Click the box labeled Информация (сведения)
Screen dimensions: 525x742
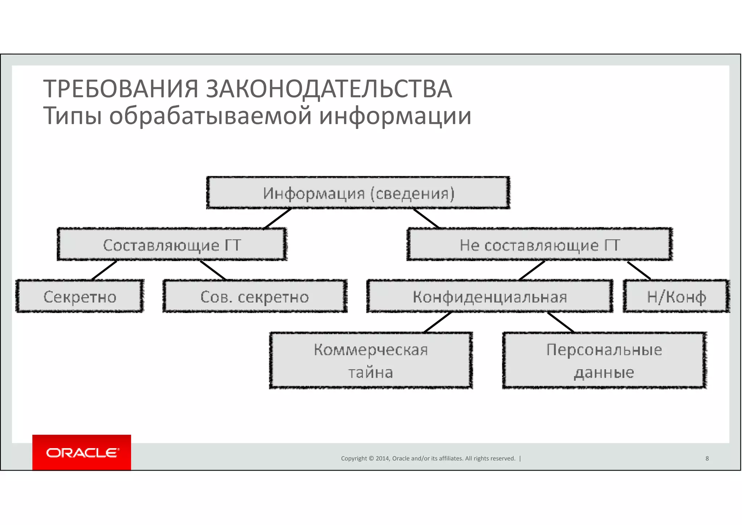pyautogui.click(x=358, y=193)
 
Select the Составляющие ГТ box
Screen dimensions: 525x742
pyautogui.click(x=172, y=245)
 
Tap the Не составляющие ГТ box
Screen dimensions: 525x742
pyautogui.click(x=539, y=245)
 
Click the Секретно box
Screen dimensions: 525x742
pyautogui.click(x=80, y=297)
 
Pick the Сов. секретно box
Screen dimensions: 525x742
pyautogui.click(x=255, y=297)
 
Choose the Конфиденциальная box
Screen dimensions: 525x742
pyautogui.click(x=490, y=297)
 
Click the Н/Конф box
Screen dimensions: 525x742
pyautogui.click(x=676, y=297)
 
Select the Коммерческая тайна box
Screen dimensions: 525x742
pyautogui.click(x=371, y=360)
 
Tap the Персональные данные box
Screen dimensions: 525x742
pyautogui.click(x=604, y=360)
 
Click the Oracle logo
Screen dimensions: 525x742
pyautogui.click(x=82, y=453)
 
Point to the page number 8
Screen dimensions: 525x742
pyautogui.click(x=707, y=458)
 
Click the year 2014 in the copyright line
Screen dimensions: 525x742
pyautogui.click(x=383, y=458)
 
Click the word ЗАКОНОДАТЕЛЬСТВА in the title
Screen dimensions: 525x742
pyautogui.click(x=329, y=89)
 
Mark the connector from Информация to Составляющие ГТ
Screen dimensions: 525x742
pyautogui.click(x=278, y=219)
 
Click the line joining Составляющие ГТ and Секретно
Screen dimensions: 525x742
pyautogui.click(x=104, y=270)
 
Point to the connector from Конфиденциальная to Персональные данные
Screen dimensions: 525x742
pyautogui.click(x=560, y=322)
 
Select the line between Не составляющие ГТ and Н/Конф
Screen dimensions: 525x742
pyautogui.click(x=639, y=270)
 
